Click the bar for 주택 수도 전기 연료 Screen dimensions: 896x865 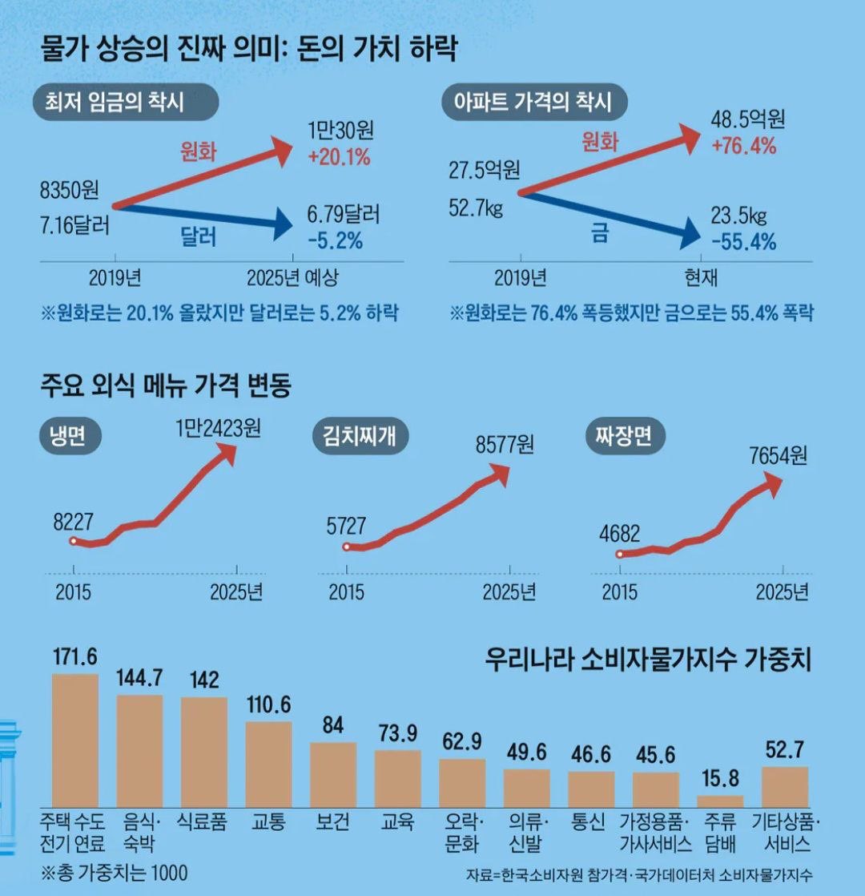pyautogui.click(x=75, y=741)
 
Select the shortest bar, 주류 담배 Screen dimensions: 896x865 pyautogui.click(x=720, y=801)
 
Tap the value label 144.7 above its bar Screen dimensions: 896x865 pyautogui.click(x=139, y=678)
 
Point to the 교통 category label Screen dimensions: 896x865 pyautogui.click(x=268, y=822)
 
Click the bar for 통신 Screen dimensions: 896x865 pyautogui.click(x=591, y=789)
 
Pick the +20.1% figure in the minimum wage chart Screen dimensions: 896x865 pyautogui.click(x=339, y=157)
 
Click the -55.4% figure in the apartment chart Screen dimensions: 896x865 pyautogui.click(x=743, y=240)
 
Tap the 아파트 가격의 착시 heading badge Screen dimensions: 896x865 pyautogui.click(x=533, y=102)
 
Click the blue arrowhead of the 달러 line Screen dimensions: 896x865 pyautogui.click(x=283, y=225)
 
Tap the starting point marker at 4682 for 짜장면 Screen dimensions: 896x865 pyautogui.click(x=620, y=554)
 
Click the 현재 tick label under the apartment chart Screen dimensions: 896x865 pyautogui.click(x=701, y=278)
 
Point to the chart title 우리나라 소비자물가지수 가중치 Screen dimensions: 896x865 pyautogui.click(x=648, y=661)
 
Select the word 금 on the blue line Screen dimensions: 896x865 pyautogui.click(x=599, y=232)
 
